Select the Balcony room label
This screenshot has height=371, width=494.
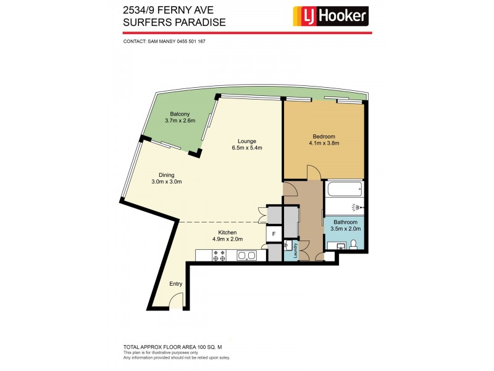[x=180, y=114]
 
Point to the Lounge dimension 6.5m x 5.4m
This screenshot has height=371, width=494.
[x=247, y=148]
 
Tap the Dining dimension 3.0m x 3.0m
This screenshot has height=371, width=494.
[x=167, y=182]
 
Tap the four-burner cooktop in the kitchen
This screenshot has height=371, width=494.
[x=219, y=255]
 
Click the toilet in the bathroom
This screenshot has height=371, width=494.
[x=353, y=246]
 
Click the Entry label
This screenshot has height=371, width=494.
[x=176, y=284]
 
